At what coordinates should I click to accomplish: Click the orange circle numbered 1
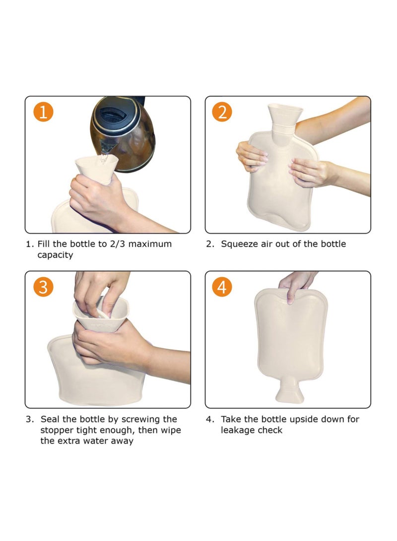click(43, 112)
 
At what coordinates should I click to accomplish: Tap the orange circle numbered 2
click(222, 112)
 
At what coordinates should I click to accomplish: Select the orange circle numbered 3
click(43, 287)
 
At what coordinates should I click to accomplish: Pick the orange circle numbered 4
click(222, 287)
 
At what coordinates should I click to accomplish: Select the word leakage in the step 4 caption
click(241, 430)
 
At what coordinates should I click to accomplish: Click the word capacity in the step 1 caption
click(55, 255)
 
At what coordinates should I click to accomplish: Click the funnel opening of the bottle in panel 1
click(96, 161)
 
